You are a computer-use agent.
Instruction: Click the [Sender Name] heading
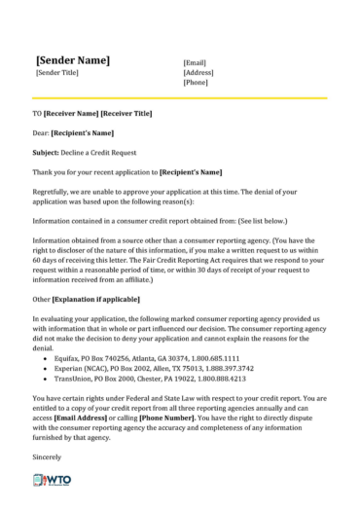[x=73, y=59]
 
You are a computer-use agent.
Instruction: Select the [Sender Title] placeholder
[x=57, y=73]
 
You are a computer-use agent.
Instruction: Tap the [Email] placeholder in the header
[x=196, y=61]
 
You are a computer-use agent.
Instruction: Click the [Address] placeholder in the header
[x=198, y=72]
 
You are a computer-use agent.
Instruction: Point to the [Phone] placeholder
[x=197, y=83]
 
